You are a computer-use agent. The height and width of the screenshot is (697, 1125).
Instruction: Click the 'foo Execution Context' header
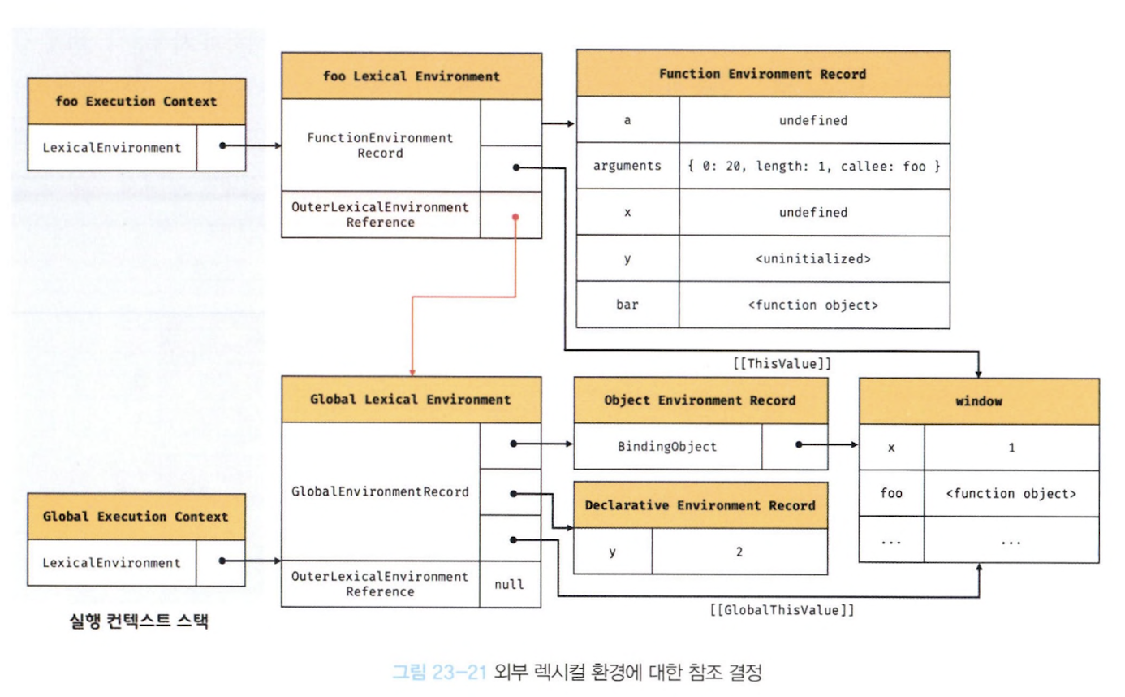[x=136, y=102]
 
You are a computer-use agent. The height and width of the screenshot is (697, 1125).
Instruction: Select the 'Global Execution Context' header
[x=136, y=517]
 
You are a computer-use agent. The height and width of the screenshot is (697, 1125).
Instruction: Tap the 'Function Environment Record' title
[x=763, y=74]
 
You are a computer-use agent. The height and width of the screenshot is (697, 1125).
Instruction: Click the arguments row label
[x=627, y=167]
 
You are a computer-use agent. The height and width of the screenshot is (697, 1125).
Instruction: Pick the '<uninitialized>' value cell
[x=814, y=259]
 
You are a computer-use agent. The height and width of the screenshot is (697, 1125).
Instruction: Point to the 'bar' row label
[x=627, y=305]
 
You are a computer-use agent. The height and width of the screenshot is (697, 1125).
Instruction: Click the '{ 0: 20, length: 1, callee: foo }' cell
[x=814, y=167]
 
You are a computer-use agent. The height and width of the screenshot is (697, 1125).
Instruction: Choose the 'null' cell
[x=511, y=583]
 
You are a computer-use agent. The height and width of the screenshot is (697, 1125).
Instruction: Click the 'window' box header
[x=979, y=402]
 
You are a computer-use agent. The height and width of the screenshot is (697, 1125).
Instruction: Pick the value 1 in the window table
[x=1011, y=448]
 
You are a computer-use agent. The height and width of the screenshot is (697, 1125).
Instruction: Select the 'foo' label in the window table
[x=891, y=493]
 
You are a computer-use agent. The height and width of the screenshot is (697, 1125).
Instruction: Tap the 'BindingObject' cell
[x=667, y=446]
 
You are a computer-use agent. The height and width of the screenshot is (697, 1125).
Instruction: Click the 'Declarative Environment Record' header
[x=700, y=505]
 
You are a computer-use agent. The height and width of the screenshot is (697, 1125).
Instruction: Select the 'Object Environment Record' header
[x=700, y=400]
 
